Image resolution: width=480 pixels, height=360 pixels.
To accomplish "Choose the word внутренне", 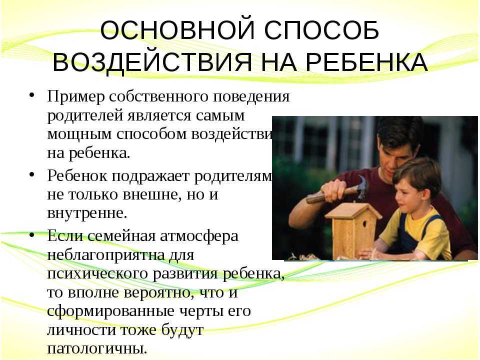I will click(x=87, y=213).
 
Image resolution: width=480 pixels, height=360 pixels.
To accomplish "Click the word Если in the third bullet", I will click(x=63, y=235).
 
